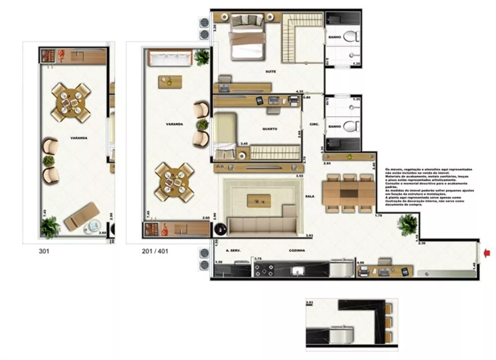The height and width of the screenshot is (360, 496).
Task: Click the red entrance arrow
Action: point(487,254)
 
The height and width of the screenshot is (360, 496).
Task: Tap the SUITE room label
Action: point(270,72)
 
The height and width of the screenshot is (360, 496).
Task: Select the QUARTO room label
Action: point(270,129)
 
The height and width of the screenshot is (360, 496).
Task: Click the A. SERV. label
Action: point(233,251)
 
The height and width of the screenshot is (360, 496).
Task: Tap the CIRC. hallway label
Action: point(313,124)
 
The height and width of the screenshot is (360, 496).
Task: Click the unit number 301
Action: point(44,251)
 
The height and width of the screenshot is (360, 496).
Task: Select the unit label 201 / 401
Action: point(155,251)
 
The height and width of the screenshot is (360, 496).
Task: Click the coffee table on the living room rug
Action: point(259,201)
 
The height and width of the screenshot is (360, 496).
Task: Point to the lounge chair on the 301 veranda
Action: point(79,217)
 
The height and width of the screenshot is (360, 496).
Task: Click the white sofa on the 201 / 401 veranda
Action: point(170,59)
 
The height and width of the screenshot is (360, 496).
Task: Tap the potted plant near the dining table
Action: point(408,225)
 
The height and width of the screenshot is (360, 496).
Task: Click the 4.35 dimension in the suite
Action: point(299,92)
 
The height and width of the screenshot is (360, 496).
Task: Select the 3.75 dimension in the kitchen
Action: point(257,259)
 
